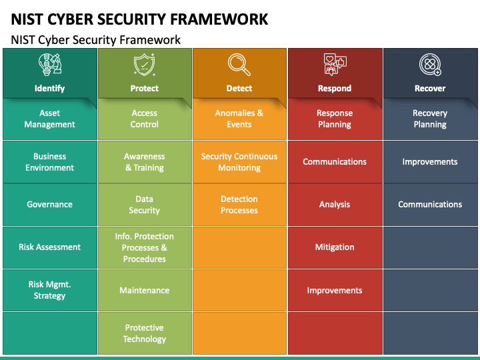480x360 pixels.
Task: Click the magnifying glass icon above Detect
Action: click(239, 65)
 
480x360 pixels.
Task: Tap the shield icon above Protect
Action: click(144, 65)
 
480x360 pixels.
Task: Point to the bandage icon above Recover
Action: click(430, 65)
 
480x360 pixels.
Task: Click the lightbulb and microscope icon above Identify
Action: click(50, 65)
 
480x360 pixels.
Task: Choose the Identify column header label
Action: click(49, 88)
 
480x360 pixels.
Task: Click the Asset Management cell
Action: click(50, 119)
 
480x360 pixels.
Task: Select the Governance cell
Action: click(50, 205)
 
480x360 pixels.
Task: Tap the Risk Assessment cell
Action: click(50, 247)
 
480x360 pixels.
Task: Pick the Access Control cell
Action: click(145, 119)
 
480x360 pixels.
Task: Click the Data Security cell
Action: click(145, 205)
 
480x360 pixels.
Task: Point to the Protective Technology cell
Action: click(145, 333)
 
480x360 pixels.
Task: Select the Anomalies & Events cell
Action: click(239, 119)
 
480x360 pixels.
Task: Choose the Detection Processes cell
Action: click(239, 205)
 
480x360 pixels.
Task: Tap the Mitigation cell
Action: click(335, 247)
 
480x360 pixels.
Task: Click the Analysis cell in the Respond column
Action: click(335, 205)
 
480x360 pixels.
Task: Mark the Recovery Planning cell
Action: click(430, 119)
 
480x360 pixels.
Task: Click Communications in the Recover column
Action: click(430, 205)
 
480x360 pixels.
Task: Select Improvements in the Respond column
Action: click(335, 290)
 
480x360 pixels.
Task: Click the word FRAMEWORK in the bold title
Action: click(219, 19)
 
